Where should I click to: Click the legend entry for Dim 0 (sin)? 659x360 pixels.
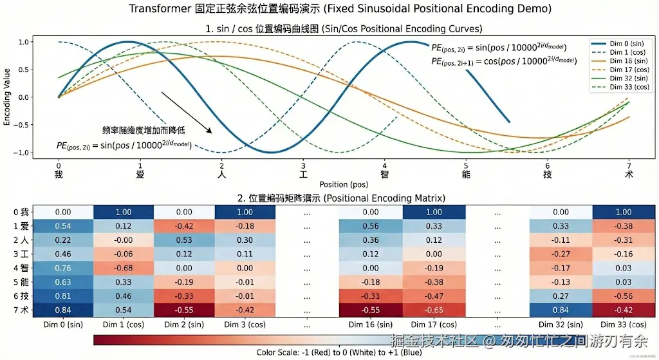tap(618, 43)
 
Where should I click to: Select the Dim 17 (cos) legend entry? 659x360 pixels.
tap(618, 69)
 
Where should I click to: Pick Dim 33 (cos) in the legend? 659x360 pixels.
tap(618, 86)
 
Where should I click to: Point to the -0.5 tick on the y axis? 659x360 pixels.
tap(22, 125)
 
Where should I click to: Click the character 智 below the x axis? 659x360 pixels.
tap(385, 174)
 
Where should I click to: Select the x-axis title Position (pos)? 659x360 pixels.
tap(343, 184)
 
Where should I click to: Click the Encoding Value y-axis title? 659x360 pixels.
tap(7, 97)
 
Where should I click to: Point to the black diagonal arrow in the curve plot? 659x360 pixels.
tap(187, 112)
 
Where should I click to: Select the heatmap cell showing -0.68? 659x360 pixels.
tap(124, 268)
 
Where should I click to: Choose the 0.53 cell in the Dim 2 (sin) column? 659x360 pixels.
tap(184, 240)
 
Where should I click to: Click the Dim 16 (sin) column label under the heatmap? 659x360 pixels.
tap(371, 325)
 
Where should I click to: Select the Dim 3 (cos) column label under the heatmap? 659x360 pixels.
tap(245, 325)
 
